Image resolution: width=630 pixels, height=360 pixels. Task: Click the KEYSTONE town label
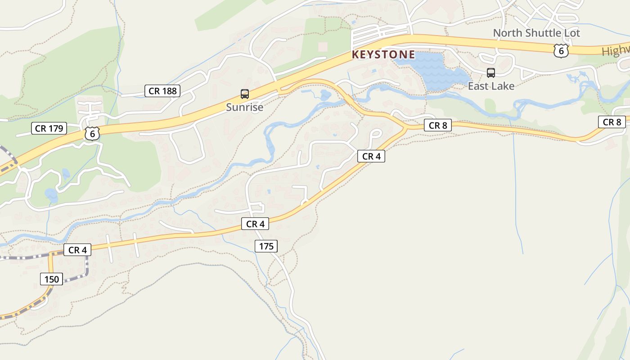click(383, 55)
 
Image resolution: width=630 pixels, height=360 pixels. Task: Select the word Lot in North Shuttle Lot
click(571, 33)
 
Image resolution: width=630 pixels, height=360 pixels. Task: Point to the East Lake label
click(491, 86)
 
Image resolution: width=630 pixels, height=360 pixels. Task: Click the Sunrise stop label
click(244, 108)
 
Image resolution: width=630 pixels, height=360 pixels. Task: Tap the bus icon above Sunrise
click(245, 94)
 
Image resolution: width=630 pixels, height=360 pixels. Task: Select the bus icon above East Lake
click(491, 73)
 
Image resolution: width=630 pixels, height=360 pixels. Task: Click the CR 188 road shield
click(162, 91)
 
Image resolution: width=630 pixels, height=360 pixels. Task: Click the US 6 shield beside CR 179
click(92, 134)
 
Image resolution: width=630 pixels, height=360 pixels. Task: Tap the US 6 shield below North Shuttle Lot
click(561, 51)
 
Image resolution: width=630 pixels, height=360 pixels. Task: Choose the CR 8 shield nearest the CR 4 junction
click(437, 126)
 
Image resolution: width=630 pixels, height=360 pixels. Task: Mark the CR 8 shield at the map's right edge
click(612, 122)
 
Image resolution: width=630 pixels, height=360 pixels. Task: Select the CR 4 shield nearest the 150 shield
click(77, 250)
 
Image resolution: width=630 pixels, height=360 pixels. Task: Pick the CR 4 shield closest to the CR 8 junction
click(371, 156)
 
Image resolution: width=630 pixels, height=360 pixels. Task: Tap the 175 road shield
click(266, 246)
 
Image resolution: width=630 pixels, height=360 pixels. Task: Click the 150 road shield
click(51, 279)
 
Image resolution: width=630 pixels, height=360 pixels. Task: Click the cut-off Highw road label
click(616, 51)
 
